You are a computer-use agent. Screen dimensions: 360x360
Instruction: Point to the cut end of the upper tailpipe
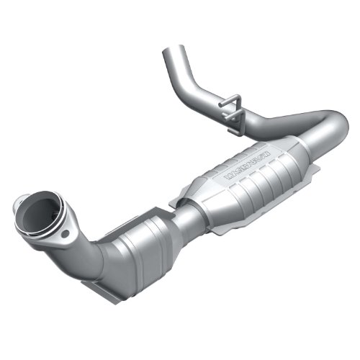point(172,52)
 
